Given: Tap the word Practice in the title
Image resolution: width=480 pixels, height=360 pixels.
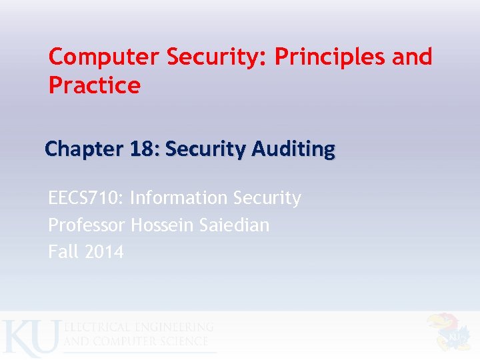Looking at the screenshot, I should coord(95,85).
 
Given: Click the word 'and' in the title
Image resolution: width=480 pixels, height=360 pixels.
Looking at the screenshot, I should coord(412,57).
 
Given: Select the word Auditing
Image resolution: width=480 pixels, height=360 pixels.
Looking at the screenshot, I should coord(295,149).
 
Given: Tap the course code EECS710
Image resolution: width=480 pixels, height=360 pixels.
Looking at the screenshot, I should coord(85,198).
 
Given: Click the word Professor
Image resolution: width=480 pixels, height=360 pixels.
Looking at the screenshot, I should coord(86,225).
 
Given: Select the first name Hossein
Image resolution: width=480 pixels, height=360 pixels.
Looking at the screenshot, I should coord(162,225).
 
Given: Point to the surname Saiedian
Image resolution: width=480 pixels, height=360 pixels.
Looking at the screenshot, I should coord(234,225).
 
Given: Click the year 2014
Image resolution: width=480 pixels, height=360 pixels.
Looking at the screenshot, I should coord(104,252).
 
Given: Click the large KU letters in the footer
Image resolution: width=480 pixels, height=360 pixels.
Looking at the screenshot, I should coord(30,337).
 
